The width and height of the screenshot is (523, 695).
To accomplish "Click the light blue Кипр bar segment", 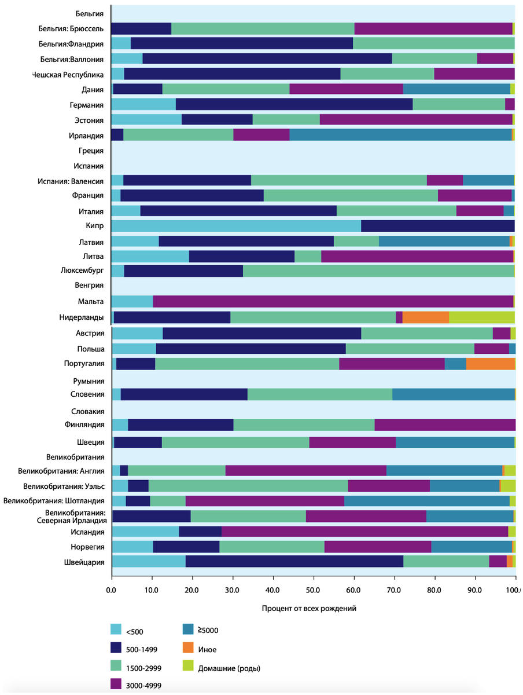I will pos(235,226).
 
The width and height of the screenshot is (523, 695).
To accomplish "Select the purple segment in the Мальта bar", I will pos(333,301).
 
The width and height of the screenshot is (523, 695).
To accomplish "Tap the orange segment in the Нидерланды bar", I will pos(425,317).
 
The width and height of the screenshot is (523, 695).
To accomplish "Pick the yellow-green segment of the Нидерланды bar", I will pos(481,317).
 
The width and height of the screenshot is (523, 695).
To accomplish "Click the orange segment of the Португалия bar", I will pos(490,364).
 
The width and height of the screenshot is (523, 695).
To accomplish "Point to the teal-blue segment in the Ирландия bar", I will pos(400,135).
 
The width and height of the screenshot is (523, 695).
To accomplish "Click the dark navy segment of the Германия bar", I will pos(294,104).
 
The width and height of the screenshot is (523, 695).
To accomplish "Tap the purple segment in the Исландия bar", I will pos(364,532).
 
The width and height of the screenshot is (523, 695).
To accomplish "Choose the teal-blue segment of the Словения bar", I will pos(453,394).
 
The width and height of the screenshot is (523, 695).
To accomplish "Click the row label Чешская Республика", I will pos(68,75).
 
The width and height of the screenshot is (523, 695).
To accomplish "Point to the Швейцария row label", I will pos(85,562).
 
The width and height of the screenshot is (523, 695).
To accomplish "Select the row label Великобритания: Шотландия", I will pos(54,501).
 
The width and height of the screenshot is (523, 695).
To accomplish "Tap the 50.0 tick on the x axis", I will pos(314,590).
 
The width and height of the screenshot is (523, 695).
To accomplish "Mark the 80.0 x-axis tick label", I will pos(435,590).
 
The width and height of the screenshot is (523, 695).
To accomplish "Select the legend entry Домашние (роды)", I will pos(229,668).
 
